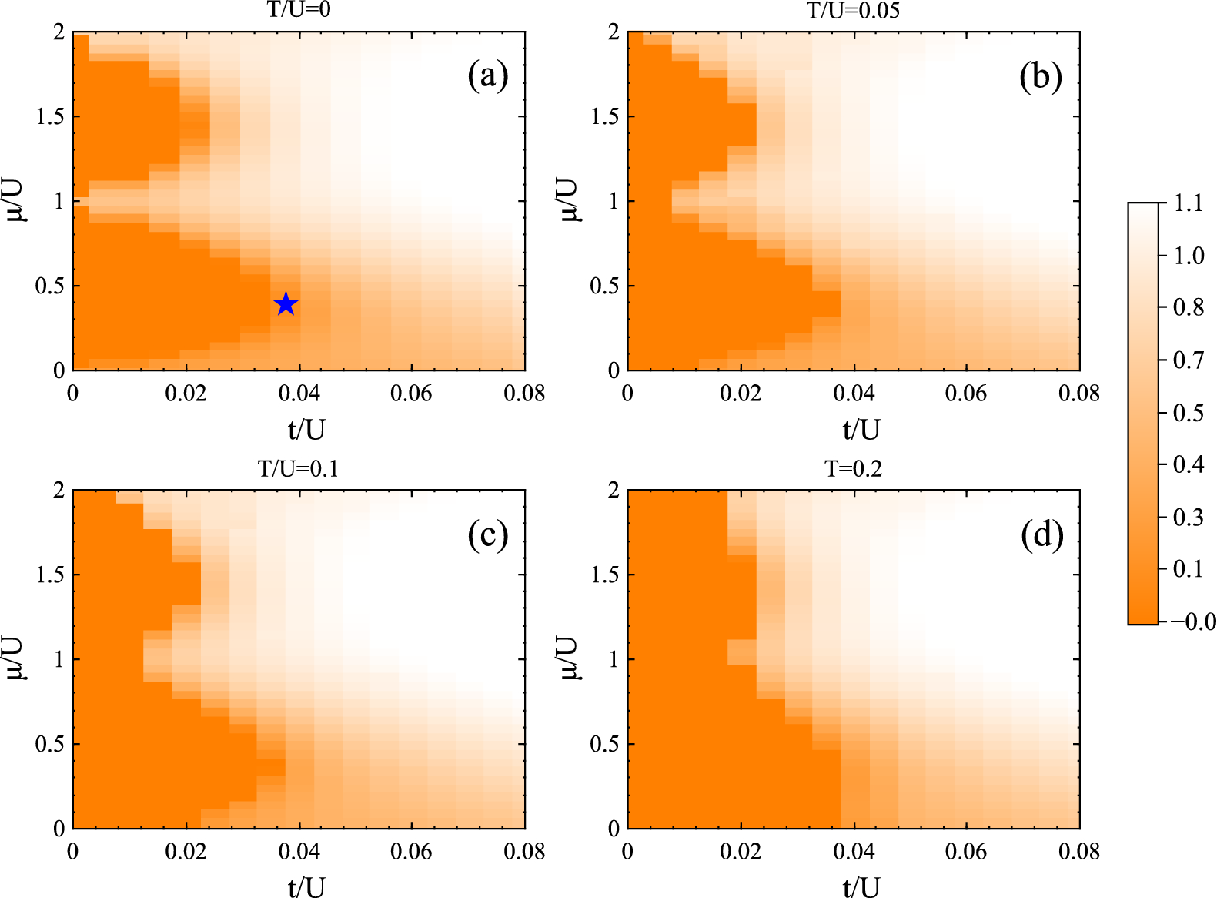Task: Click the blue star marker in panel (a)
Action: point(286,303)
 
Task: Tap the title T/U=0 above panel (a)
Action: point(299,10)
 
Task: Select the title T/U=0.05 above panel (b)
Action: point(853,10)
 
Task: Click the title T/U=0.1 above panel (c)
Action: point(299,468)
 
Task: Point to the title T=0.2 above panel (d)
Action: point(853,468)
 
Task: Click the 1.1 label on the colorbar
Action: point(1189,204)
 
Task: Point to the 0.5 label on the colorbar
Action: point(1189,414)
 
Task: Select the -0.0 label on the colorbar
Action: point(1193,622)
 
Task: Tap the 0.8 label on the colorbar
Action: point(1189,308)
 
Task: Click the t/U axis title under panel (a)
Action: point(306,429)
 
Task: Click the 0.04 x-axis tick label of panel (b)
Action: point(853,394)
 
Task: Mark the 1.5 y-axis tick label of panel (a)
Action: point(50,116)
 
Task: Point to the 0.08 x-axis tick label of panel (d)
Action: point(1078,852)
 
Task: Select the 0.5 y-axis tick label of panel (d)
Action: point(604,744)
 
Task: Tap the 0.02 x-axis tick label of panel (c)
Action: point(186,852)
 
